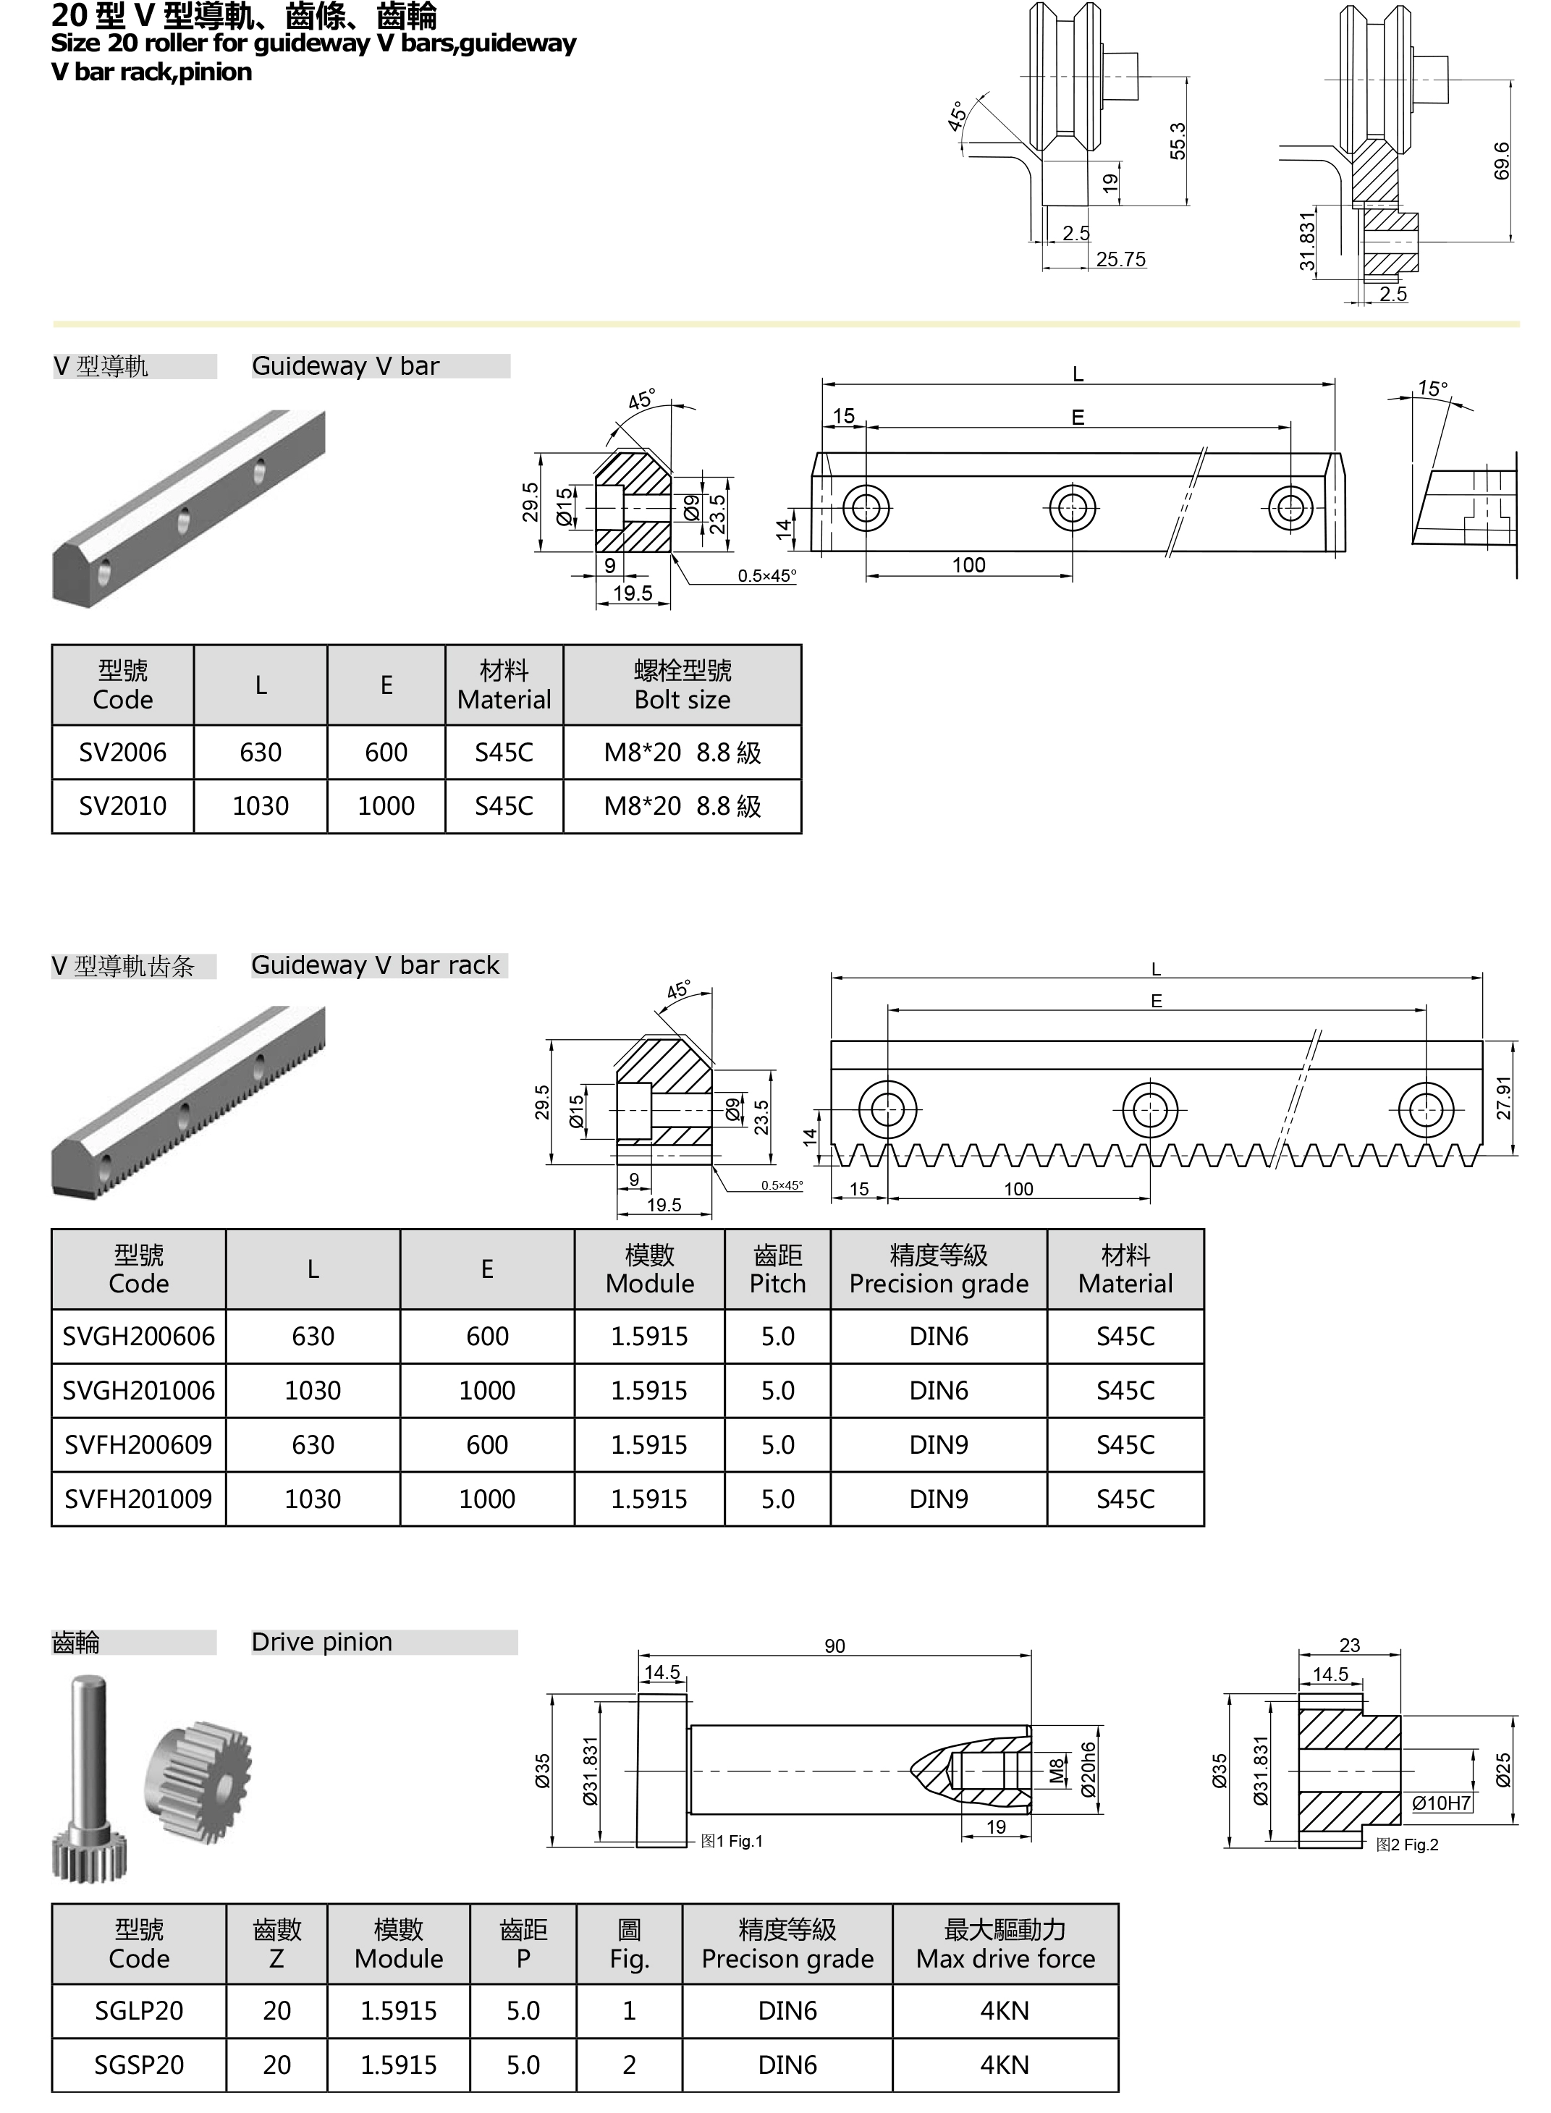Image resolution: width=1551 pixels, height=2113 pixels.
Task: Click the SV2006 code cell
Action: [122, 752]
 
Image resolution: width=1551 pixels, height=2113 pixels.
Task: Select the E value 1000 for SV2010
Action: [386, 805]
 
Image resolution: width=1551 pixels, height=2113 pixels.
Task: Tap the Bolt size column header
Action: [682, 685]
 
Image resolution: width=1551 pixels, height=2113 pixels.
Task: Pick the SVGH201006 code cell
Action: [139, 1390]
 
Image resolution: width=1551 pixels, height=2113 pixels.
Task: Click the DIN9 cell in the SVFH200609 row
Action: [938, 1444]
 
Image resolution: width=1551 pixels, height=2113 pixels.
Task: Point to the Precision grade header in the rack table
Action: [938, 1269]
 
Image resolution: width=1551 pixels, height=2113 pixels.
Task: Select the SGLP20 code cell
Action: [139, 2011]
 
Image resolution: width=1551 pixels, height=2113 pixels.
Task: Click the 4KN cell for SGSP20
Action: [1005, 2065]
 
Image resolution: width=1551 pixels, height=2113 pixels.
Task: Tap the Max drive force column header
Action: [1005, 1944]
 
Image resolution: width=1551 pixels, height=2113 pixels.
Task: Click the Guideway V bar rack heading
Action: [376, 965]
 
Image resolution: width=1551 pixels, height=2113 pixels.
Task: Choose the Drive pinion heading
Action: [322, 1642]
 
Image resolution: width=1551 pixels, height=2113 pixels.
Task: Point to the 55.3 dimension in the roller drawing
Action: [1178, 141]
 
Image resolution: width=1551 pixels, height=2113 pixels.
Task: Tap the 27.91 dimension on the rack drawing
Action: [1504, 1097]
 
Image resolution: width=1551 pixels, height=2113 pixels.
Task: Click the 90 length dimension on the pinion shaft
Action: [834, 1646]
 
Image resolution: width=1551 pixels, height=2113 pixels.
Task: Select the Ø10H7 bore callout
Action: [1441, 1803]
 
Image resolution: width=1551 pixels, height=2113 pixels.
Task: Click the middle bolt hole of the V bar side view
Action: [1072, 508]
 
